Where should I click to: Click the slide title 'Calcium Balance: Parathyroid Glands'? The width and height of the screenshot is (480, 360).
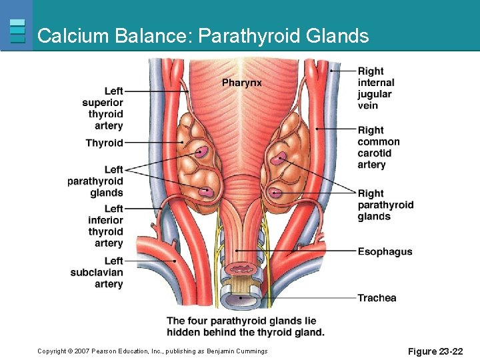(x=203, y=35)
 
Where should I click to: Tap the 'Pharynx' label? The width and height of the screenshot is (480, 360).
(x=241, y=83)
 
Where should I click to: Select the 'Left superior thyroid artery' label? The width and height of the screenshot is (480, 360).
(x=103, y=108)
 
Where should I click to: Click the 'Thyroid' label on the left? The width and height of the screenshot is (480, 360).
(x=104, y=143)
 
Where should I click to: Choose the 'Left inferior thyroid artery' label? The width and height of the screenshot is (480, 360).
(x=105, y=226)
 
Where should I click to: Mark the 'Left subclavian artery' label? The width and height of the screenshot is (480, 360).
(x=97, y=272)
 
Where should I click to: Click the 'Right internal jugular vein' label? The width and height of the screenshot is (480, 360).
(x=376, y=88)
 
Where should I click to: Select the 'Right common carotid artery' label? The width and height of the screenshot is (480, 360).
(x=379, y=147)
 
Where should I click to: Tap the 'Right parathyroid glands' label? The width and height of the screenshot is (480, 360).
(x=385, y=205)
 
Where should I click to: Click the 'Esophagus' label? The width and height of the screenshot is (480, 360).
(x=385, y=251)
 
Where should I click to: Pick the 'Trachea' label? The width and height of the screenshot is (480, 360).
(x=377, y=298)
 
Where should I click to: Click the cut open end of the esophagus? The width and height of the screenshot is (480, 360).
(x=239, y=269)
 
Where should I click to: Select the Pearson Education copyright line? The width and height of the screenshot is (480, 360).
(x=153, y=351)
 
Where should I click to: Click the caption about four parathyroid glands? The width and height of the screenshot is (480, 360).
(x=245, y=326)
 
